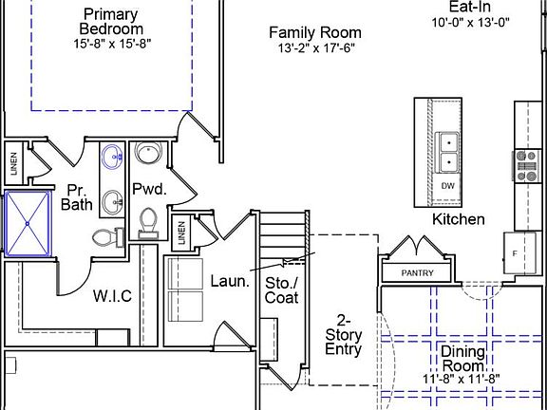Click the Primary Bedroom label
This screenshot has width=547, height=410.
pyautogui.click(x=110, y=22)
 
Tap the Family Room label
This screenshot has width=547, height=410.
pyautogui.click(x=314, y=33)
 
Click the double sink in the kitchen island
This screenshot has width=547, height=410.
pyautogui.click(x=447, y=152)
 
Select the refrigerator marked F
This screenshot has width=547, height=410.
pyautogui.click(x=516, y=253)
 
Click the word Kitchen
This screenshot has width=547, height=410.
pyautogui.click(x=459, y=219)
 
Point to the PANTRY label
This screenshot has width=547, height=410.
pyautogui.click(x=417, y=273)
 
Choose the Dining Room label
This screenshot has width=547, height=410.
pyautogui.click(x=463, y=359)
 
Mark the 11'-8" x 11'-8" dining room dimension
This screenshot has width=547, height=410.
pyautogui.click(x=463, y=379)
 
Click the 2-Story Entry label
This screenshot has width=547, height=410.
pyautogui.click(x=344, y=334)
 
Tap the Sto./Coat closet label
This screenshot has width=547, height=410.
pyautogui.click(x=282, y=289)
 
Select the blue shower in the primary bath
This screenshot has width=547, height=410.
pyautogui.click(x=28, y=223)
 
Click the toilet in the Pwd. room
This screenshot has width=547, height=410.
pyautogui.click(x=148, y=221)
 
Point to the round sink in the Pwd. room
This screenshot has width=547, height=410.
pyautogui.click(x=147, y=154)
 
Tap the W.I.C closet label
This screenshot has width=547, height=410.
pyautogui.click(x=112, y=295)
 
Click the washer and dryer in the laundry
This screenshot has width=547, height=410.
pyautogui.click(x=185, y=289)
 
